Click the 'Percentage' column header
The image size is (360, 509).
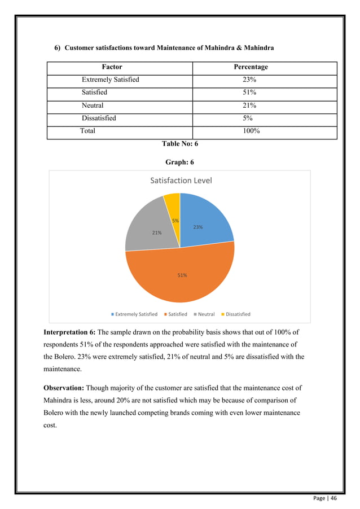251,67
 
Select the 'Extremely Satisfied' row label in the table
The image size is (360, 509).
110,80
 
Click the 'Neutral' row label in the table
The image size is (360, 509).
93,105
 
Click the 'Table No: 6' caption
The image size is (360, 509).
179,144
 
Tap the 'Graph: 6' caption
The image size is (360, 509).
179,162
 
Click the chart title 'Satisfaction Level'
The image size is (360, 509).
181,181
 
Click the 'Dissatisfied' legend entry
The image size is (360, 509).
235,314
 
